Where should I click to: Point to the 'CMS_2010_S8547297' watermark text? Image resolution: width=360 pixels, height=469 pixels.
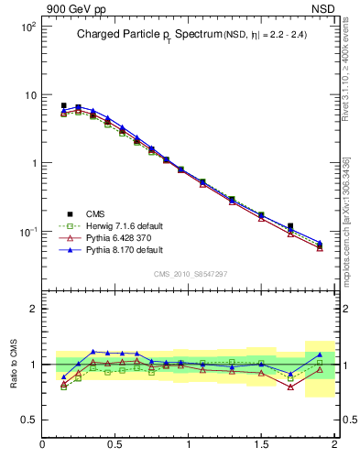(x=190, y=274)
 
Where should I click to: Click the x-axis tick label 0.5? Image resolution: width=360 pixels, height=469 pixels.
(x=115, y=445)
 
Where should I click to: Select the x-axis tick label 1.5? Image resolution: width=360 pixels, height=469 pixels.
(x=261, y=445)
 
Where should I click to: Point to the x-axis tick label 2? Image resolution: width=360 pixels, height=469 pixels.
(x=333, y=445)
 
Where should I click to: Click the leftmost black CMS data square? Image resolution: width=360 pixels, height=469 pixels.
(x=63, y=106)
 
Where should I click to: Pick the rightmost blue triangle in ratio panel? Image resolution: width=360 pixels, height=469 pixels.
(x=320, y=354)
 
